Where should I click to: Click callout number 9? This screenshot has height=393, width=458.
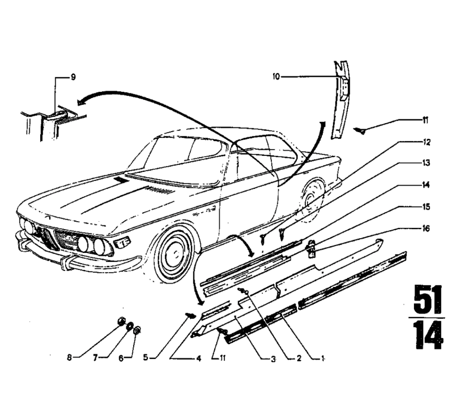pos(73,77)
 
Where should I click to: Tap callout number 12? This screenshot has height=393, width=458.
pos(427,142)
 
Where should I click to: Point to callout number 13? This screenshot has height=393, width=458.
pos(427,164)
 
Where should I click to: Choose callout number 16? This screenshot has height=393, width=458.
pos(427,229)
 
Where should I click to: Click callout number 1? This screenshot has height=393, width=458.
pos(323,359)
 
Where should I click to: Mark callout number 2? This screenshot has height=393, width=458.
pos(298,359)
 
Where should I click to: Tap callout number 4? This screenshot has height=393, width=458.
pos(199,358)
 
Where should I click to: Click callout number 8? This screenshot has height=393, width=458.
pos(69,358)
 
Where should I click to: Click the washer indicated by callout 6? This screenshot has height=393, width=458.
pos(137,330)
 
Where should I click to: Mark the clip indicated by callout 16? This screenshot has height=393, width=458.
pos(312,247)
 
